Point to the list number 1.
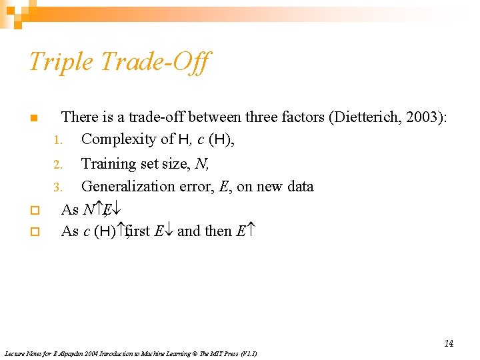tap(57, 141)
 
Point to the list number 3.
tap(57, 187)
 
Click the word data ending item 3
tap(300, 187)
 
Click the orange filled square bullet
tap(33, 119)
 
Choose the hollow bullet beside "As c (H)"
tap(33, 232)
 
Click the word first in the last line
tap(137, 231)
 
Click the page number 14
tap(449, 343)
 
